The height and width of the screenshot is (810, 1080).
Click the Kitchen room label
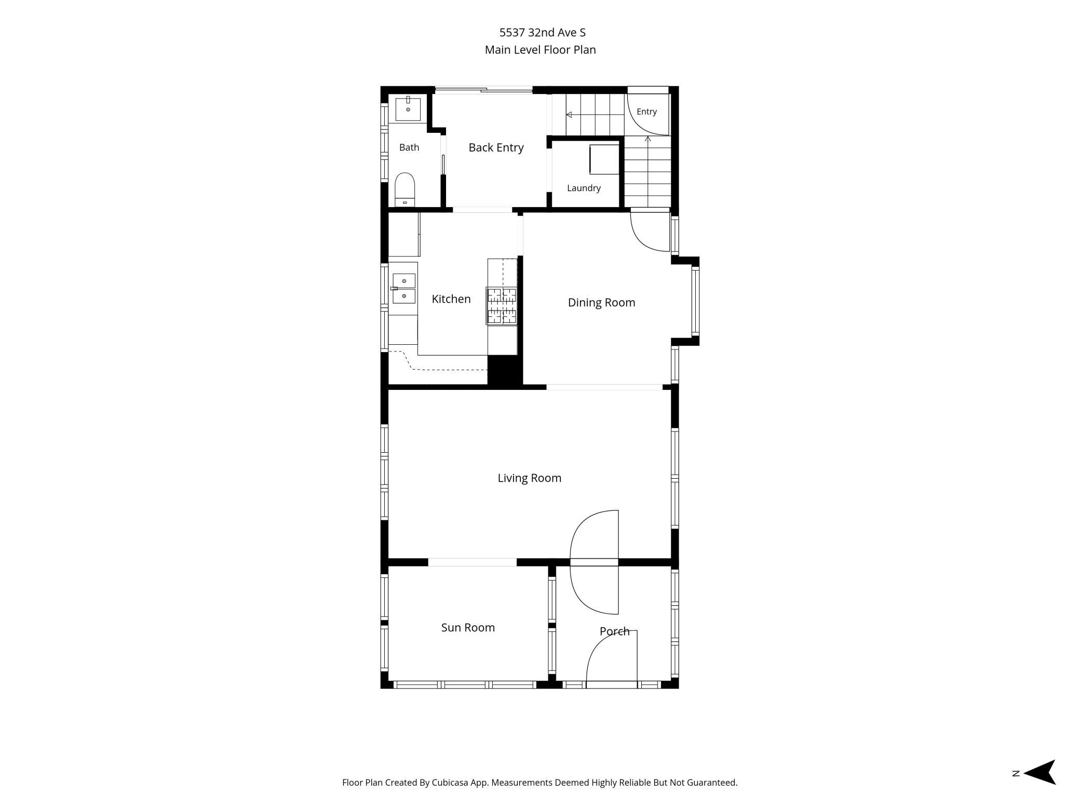coord(451,299)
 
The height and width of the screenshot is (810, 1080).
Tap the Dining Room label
coord(601,303)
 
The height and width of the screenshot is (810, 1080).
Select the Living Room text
coord(530,478)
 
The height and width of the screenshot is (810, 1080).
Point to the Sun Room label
coord(468,627)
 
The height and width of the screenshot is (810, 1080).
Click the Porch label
coord(614,631)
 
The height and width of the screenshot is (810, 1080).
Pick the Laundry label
coord(584,188)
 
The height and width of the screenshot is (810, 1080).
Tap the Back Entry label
coord(496,147)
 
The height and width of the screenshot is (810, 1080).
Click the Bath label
coord(409,147)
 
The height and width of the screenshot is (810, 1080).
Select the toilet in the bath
coord(405,190)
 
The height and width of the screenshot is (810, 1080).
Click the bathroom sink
coord(408,109)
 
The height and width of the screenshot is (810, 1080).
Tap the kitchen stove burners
coord(502,306)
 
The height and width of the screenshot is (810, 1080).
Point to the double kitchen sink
coord(403,289)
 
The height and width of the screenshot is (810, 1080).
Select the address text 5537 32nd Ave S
coord(543,33)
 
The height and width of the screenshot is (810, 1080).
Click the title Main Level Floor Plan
coord(540,50)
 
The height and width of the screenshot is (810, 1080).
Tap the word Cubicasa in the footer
coord(452,782)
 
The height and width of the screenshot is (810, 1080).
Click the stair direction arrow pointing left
coord(595,115)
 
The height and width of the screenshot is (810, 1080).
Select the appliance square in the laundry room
coord(604,159)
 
